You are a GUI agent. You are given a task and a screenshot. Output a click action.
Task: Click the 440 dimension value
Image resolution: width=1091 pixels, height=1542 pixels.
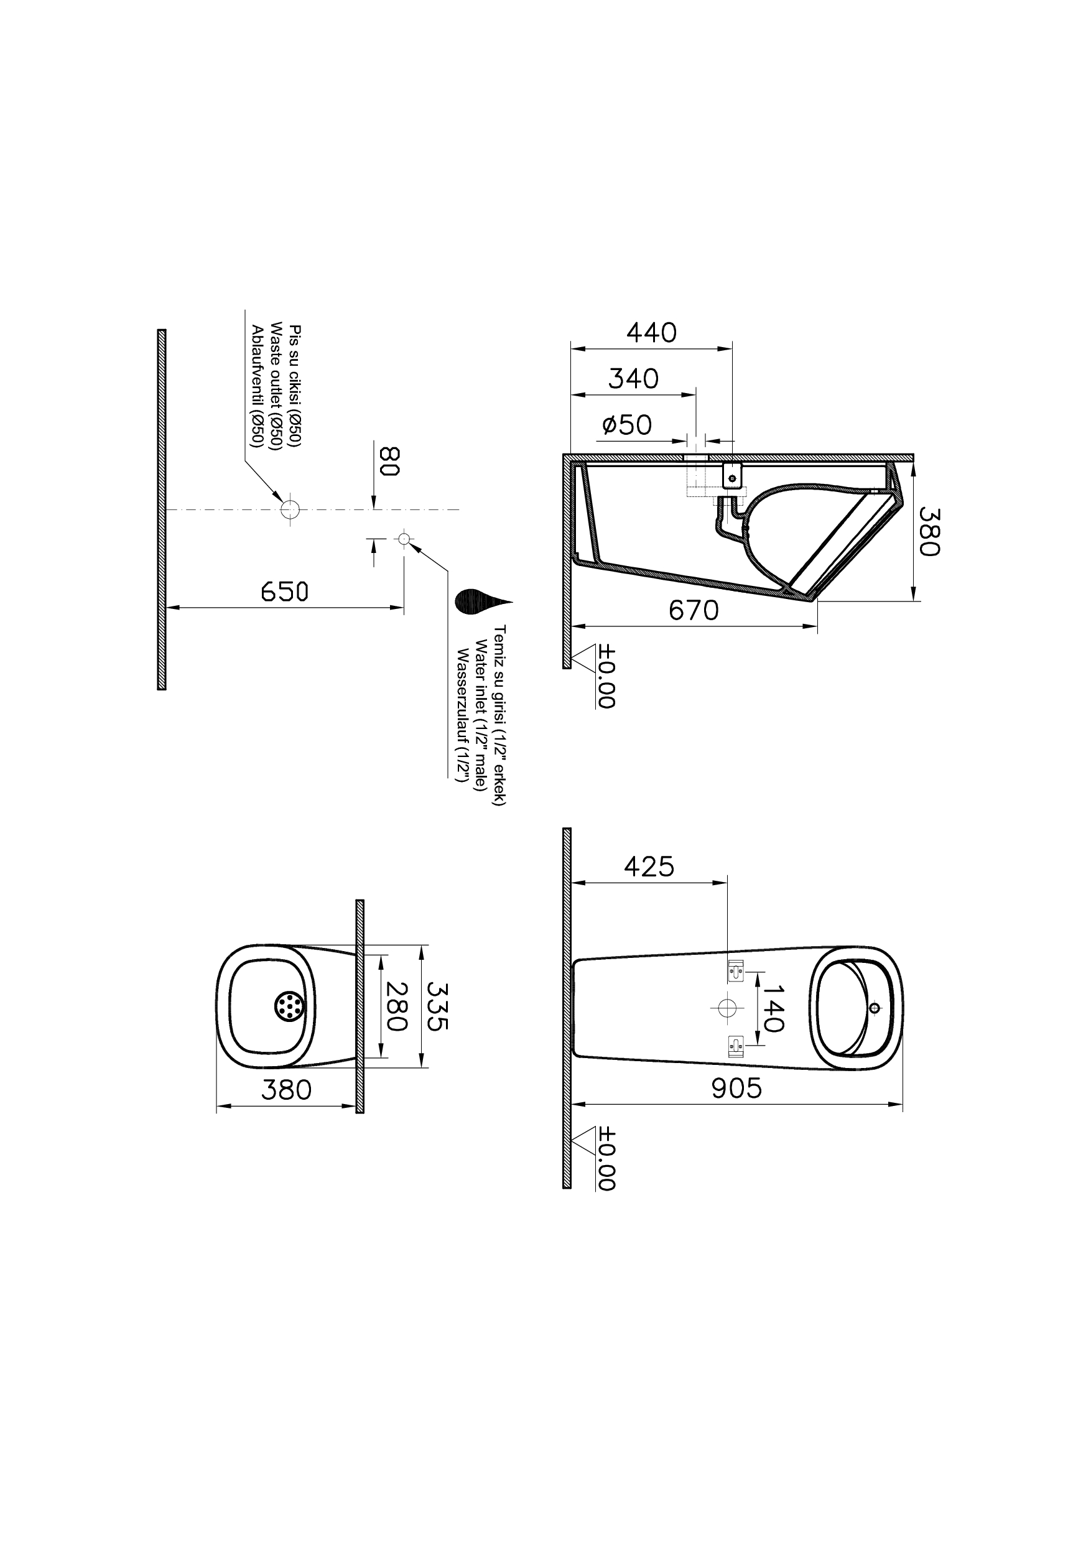pyautogui.click(x=651, y=333)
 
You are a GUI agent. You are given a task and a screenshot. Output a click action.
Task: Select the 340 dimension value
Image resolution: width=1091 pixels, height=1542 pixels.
pyautogui.click(x=633, y=379)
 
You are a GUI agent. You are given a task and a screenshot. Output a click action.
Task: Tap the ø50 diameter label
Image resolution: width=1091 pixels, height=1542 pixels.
pyautogui.click(x=627, y=425)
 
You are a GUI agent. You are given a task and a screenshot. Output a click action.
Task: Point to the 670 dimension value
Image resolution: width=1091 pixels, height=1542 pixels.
pyautogui.click(x=694, y=610)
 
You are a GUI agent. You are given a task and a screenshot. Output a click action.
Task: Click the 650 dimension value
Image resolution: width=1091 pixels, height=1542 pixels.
pyautogui.click(x=284, y=592)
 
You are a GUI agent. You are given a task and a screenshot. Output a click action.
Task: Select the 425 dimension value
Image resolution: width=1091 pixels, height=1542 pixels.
pyautogui.click(x=648, y=866)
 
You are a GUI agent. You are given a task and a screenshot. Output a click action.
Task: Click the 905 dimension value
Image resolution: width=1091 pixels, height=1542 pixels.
pyautogui.click(x=736, y=1089)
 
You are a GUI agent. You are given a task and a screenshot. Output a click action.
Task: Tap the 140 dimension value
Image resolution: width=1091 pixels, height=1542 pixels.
pyautogui.click(x=773, y=1008)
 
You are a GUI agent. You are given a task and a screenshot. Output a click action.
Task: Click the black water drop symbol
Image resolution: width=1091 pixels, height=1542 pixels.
pyautogui.click(x=478, y=601)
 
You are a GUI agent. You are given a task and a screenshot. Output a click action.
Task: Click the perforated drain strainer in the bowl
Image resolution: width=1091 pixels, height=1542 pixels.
pyautogui.click(x=290, y=1006)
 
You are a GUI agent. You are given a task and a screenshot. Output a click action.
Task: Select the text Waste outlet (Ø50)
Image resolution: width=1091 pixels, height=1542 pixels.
pyautogui.click(x=276, y=386)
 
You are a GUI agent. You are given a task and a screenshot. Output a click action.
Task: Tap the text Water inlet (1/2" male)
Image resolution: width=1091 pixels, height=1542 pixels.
pyautogui.click(x=480, y=715)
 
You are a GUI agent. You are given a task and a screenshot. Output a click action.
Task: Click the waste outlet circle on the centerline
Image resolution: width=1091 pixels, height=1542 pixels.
pyautogui.click(x=290, y=509)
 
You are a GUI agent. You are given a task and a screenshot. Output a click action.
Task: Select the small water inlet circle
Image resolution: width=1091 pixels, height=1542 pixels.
pyautogui.click(x=404, y=538)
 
